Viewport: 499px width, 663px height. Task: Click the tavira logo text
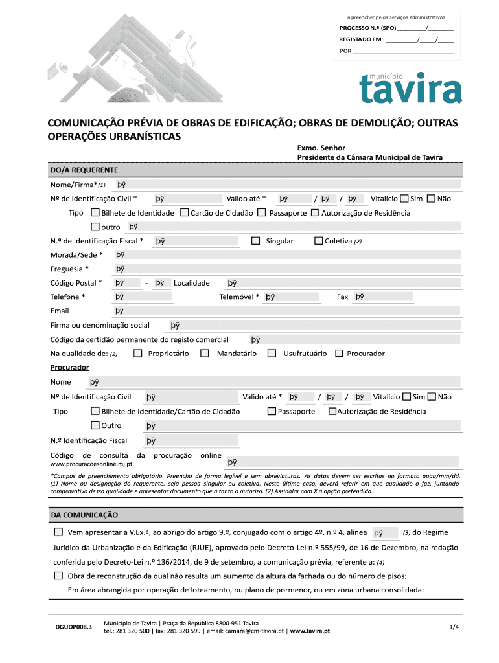point(411,91)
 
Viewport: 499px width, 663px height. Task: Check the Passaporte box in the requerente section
point(261,212)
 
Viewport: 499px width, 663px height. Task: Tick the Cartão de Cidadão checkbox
point(185,212)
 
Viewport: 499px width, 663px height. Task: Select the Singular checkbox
point(255,241)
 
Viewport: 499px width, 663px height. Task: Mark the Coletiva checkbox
point(318,241)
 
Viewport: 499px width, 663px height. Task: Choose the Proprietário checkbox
point(137,354)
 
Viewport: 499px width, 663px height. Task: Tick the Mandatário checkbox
point(205,354)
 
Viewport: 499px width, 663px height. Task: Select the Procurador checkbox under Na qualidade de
point(340,354)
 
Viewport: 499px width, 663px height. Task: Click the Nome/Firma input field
point(285,185)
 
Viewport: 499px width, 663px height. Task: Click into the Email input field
point(285,311)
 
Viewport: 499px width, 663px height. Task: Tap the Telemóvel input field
point(291,297)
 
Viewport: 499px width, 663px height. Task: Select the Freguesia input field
point(285,269)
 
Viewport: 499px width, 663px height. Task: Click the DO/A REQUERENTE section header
point(84,170)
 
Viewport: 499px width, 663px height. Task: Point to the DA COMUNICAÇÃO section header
point(84,515)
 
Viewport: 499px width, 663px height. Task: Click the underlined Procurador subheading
point(69,367)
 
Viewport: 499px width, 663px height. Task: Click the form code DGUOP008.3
point(73,627)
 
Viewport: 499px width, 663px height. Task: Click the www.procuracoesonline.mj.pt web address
point(91,464)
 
